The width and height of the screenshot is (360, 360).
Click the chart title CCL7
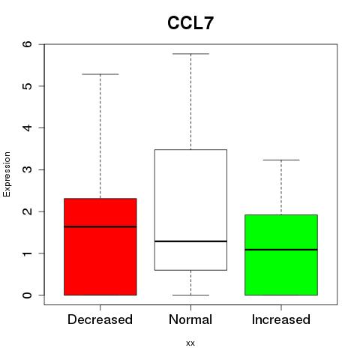(190, 23)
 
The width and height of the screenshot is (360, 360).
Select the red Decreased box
(100, 247)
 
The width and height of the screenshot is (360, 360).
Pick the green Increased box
(281, 255)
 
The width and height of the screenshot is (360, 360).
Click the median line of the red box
(100, 226)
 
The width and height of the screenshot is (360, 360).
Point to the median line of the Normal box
(190, 241)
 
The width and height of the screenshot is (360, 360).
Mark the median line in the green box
(281, 250)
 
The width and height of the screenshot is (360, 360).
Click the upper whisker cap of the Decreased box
(100, 74)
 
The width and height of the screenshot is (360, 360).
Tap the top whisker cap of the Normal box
(190, 54)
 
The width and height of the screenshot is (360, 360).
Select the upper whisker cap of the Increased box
(281, 160)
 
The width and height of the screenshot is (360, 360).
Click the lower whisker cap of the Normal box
(190, 295)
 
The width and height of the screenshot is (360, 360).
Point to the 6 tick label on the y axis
(28, 44)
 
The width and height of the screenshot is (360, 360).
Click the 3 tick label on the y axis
(28, 169)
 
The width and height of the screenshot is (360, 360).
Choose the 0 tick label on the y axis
(28, 295)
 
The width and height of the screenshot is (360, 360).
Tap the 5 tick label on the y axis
(28, 86)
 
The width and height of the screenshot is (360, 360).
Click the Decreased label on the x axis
(100, 319)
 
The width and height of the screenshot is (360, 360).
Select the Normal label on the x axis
(190, 319)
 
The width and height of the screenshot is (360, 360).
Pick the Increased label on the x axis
(281, 319)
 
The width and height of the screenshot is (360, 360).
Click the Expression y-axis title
(7, 174)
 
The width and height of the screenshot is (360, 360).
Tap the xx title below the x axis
(190, 343)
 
